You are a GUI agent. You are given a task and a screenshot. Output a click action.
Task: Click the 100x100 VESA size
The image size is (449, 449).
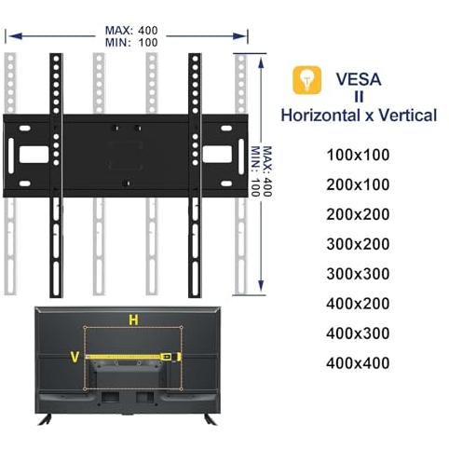point(358,155)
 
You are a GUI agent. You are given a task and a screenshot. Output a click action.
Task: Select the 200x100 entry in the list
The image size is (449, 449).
point(358,184)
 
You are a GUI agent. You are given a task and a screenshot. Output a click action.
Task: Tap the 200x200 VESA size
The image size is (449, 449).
point(358,214)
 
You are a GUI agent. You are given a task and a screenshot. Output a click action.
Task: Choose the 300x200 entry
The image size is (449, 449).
point(358,244)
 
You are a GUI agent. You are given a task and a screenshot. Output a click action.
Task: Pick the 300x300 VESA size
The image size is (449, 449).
point(358,274)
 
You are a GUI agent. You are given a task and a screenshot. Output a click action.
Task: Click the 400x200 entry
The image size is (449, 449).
point(358,304)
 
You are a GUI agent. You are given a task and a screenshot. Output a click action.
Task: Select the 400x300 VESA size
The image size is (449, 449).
point(358,333)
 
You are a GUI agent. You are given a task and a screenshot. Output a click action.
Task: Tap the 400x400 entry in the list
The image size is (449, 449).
point(358,363)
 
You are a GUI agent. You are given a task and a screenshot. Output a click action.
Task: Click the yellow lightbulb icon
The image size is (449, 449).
point(306,80)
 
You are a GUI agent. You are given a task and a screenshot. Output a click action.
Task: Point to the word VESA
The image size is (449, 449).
point(359,79)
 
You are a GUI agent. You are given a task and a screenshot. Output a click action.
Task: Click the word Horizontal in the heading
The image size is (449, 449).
point(320,116)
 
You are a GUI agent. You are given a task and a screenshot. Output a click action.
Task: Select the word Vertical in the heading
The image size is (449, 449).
point(408,116)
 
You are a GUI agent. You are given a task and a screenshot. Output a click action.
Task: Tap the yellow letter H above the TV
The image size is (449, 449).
point(133,320)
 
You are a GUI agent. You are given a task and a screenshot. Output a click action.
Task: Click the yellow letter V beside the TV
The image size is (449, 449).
point(75,357)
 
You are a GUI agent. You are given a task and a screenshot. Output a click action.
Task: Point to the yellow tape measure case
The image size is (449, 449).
point(168,357)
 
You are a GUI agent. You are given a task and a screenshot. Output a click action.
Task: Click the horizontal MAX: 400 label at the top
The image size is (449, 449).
point(131,31)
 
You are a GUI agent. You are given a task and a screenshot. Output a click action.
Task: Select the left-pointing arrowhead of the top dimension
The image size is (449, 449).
point(16,36)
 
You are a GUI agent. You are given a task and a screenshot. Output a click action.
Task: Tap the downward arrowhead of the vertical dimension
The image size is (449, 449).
point(261,285)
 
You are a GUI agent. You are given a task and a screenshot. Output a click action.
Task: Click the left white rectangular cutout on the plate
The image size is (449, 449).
point(34,155)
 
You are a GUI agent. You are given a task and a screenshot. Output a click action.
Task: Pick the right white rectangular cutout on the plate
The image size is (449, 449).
point(217,155)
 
